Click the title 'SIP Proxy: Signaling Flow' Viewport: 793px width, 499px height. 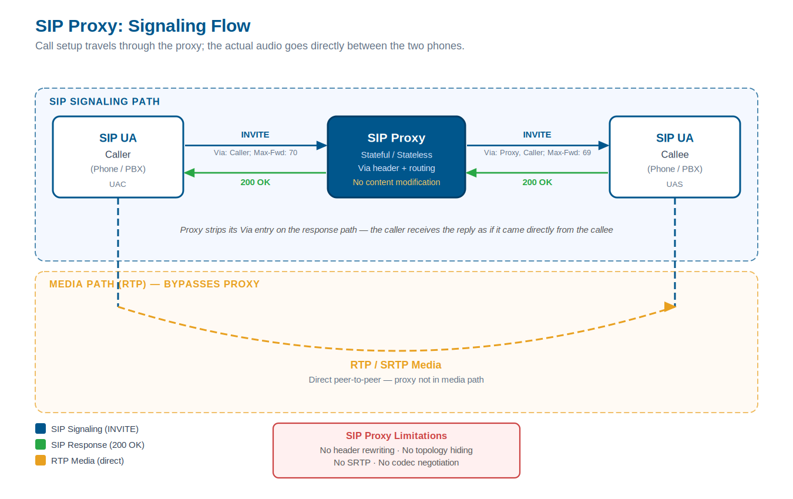point(143,26)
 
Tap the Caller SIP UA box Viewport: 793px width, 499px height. point(117,156)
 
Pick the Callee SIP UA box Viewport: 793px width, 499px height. point(674,156)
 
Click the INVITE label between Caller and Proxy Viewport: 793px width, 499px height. point(255,135)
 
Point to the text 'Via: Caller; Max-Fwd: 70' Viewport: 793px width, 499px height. point(255,153)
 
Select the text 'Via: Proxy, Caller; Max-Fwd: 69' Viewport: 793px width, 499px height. point(537,153)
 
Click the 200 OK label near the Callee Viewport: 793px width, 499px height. point(537,182)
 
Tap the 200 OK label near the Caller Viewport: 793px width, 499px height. point(255,182)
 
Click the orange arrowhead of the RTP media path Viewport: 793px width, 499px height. point(670,306)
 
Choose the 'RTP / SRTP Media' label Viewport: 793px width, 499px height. point(396,365)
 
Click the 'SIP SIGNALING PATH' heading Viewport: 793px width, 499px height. point(105,102)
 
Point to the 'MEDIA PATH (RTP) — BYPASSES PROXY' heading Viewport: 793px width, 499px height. point(154,284)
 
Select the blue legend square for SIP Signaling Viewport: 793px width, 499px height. point(41,429)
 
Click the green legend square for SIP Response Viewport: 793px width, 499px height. point(41,445)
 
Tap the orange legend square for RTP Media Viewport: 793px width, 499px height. point(41,461)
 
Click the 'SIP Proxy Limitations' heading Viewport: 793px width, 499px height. point(396,436)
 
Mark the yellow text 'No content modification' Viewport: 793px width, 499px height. point(396,182)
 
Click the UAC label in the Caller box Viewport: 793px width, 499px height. point(117,184)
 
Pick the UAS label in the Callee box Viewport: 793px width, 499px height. point(674,184)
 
